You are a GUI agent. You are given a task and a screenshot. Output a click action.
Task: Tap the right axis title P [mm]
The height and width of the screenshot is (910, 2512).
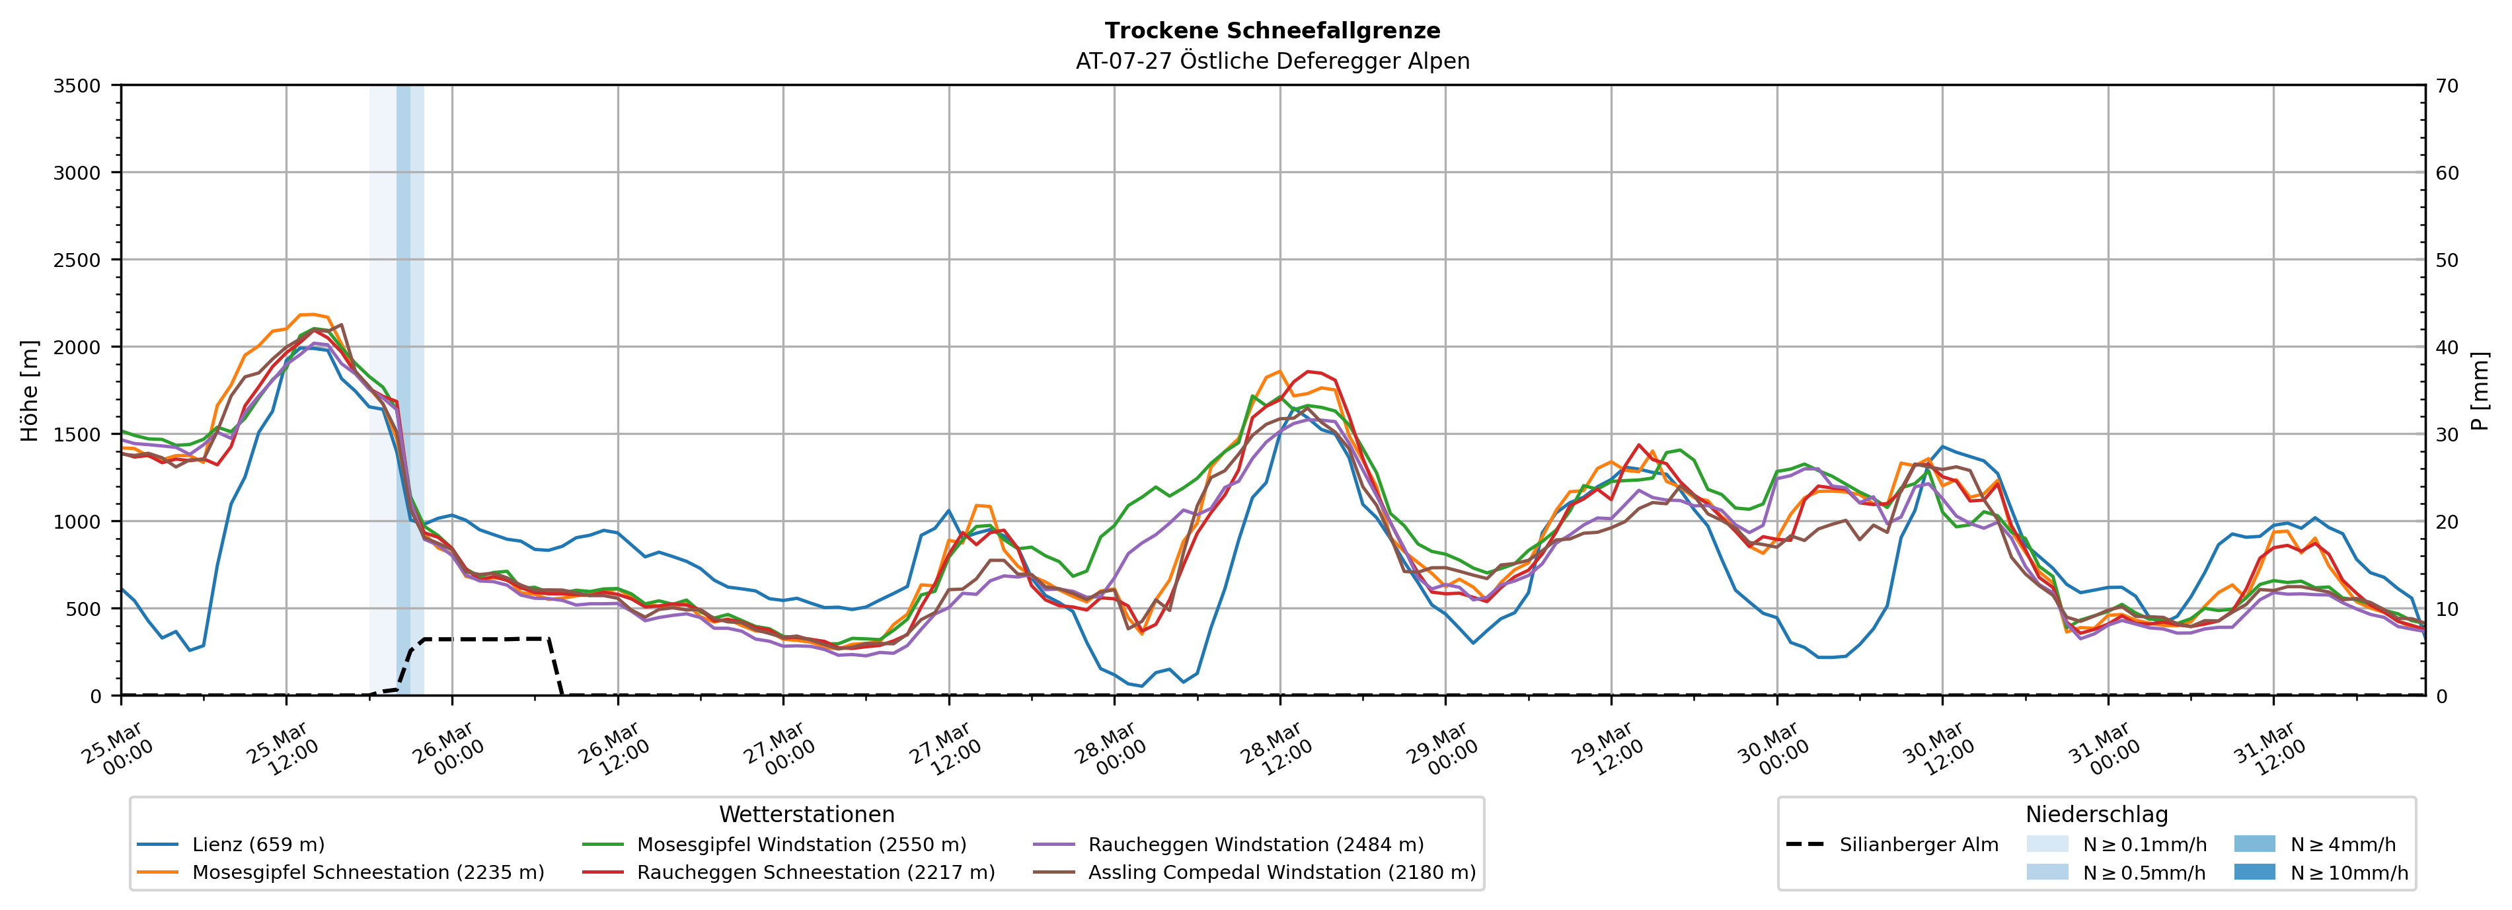(2480, 390)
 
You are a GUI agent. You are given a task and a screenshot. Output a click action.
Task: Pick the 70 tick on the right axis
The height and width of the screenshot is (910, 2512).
(2447, 86)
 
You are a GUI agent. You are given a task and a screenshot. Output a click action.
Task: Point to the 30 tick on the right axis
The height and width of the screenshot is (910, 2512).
(2447, 435)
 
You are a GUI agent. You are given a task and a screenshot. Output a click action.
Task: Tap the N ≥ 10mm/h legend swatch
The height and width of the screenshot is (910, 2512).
(2254, 872)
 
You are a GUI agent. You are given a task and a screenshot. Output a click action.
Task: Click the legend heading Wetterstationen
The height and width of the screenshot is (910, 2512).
(806, 814)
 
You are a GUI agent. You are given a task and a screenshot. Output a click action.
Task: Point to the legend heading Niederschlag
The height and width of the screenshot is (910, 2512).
(2096, 814)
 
